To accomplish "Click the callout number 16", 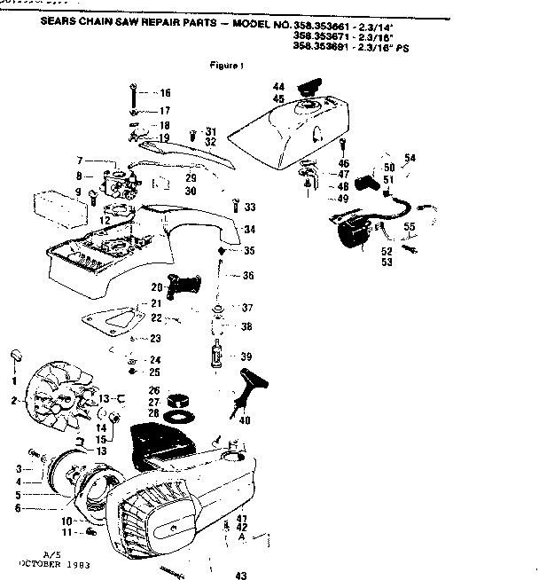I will [165, 93].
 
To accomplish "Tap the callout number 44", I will [278, 86].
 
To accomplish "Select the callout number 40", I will [246, 420].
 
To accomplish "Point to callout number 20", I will [156, 286].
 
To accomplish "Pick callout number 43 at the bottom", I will [239, 575].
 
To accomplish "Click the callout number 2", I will [14, 401].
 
